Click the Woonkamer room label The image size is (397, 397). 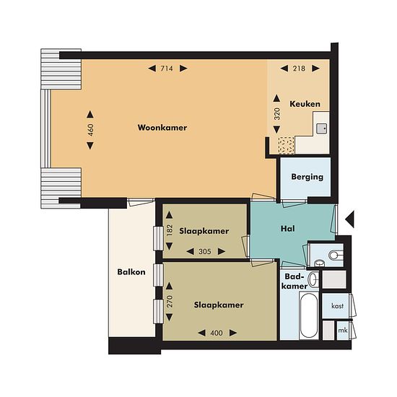pyautogui.click(x=162, y=127)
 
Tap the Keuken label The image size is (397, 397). pyautogui.click(x=305, y=104)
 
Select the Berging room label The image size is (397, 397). pyautogui.click(x=307, y=177)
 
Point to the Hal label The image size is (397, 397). pyautogui.click(x=287, y=229)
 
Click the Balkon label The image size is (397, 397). pyautogui.click(x=131, y=272)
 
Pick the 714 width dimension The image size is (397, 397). pyautogui.click(x=167, y=69)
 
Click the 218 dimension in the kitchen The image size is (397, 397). pyautogui.click(x=299, y=69)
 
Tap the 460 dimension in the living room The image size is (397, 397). pyautogui.click(x=90, y=130)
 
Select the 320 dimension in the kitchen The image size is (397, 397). pyautogui.click(x=277, y=113)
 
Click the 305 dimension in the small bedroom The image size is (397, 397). pyautogui.click(x=205, y=251)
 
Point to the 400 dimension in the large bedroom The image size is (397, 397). pyautogui.click(x=217, y=333)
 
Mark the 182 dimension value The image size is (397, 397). pyautogui.click(x=170, y=230)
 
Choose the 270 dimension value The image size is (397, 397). pyautogui.click(x=170, y=301)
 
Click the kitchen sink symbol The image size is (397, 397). pyautogui.click(x=321, y=128)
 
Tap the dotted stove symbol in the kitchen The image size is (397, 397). pyautogui.click(x=286, y=145)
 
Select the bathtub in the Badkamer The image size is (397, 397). pyautogui.click(x=309, y=315)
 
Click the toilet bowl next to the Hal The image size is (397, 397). pyautogui.click(x=334, y=255)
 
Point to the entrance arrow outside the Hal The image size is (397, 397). pyautogui.click(x=349, y=219)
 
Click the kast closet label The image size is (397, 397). pyautogui.click(x=338, y=306)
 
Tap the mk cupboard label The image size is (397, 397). pyautogui.click(x=343, y=331)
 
